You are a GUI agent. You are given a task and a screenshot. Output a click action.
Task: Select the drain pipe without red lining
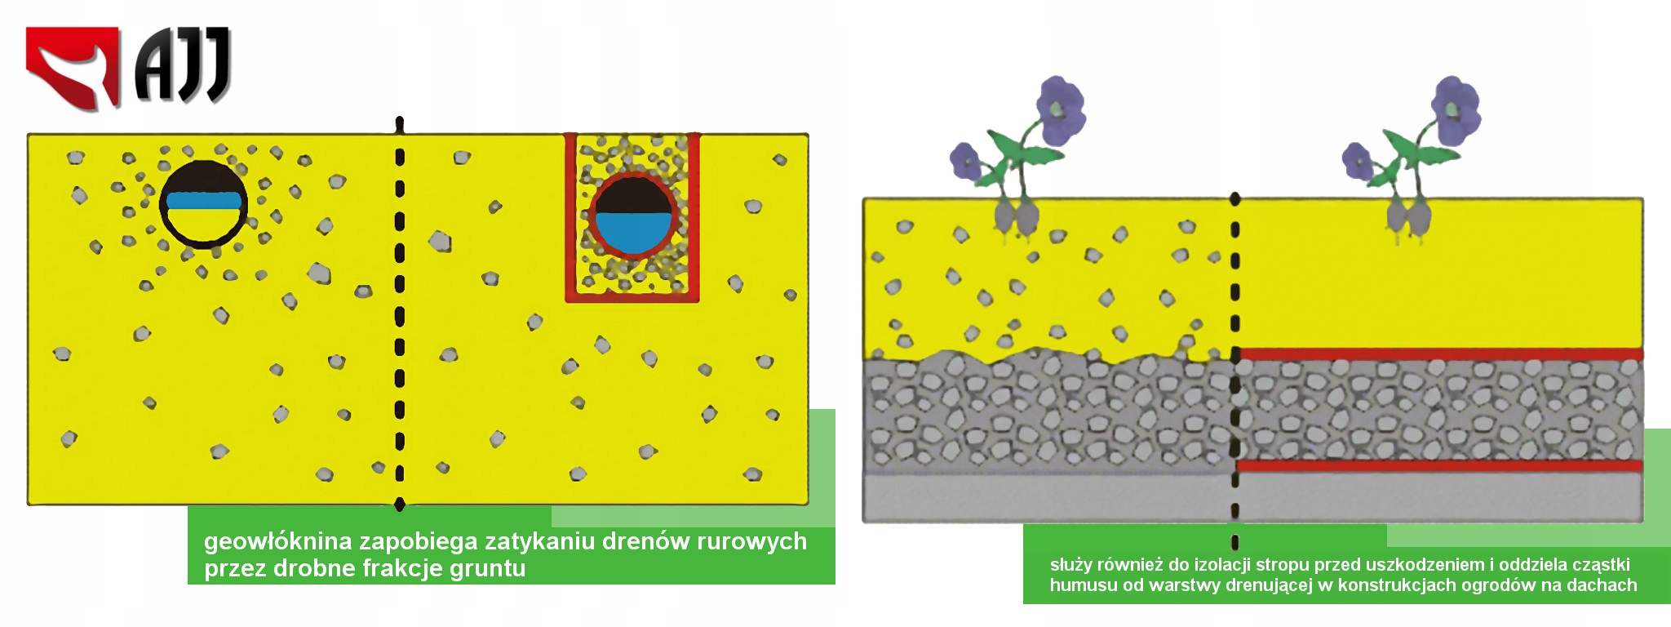[203, 204]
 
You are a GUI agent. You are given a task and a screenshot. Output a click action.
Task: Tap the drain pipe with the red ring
[633, 216]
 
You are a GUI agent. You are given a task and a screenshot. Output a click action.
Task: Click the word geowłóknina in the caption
[278, 541]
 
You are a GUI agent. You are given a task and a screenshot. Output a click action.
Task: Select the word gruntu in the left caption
[488, 569]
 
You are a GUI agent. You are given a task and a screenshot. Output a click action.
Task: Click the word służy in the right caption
[1071, 566]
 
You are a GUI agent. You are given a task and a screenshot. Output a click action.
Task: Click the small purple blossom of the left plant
[966, 160]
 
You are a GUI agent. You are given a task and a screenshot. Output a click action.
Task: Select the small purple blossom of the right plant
[1359, 160]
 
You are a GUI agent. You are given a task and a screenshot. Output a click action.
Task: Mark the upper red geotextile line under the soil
[1439, 354]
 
